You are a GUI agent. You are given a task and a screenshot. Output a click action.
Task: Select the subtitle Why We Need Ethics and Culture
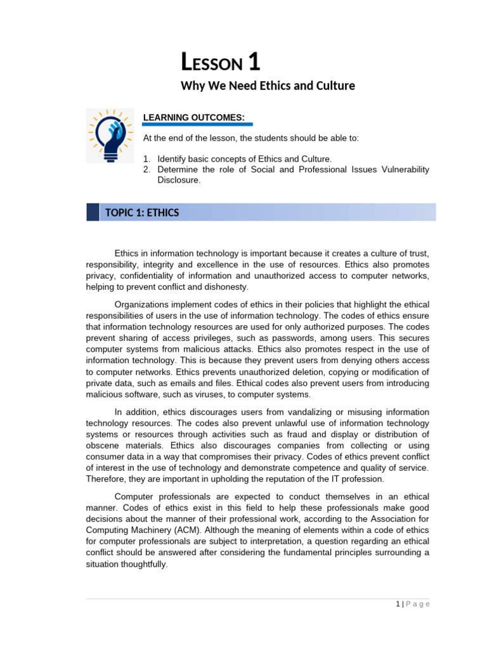(268, 86)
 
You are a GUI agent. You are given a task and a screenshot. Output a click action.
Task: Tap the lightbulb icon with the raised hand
(110, 135)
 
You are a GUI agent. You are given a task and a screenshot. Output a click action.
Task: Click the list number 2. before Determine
(146, 169)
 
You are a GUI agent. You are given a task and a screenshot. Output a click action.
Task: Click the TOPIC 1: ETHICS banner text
(146, 213)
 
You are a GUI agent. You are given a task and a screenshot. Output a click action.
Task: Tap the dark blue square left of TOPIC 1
(93, 212)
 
